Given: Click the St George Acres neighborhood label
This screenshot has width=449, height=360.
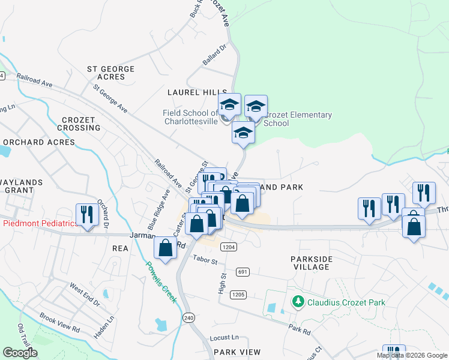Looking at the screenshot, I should point(110,73).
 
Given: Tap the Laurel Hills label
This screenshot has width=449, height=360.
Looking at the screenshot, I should point(193,92).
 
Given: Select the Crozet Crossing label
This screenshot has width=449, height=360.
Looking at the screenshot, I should point(79,124).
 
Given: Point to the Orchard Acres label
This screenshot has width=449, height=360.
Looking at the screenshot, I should point(39,142).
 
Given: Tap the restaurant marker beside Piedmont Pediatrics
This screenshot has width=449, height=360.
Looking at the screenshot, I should point(87,215).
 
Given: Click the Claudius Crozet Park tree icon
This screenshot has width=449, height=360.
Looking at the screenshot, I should point(297,301).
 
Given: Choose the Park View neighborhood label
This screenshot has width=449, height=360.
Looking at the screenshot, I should point(237,352).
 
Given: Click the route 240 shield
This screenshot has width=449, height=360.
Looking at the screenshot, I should point(190,317).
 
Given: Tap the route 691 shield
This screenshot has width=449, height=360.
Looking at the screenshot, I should point(243,271).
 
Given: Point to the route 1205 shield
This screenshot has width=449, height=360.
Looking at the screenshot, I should point(238,295).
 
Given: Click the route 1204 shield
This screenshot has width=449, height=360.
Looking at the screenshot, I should point(228,247).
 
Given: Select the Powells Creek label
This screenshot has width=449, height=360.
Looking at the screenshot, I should point(161,281).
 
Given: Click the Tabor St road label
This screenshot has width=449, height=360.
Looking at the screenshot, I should point(205,259).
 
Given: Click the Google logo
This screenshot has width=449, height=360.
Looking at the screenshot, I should point(20,353).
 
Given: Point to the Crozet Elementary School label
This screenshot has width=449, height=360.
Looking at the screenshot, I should point(298,119).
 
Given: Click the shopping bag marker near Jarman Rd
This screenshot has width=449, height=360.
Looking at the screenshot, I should point(165,248).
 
